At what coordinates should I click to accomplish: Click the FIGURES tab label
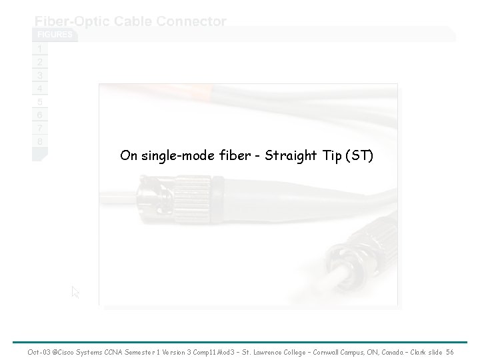[x=55, y=35]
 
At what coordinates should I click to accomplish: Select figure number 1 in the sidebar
[x=40, y=49]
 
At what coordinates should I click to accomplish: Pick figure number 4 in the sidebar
[x=40, y=88]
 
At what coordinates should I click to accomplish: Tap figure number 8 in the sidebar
[x=40, y=141]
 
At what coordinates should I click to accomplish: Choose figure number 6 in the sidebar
[x=40, y=115]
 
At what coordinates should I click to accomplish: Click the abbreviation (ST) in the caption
[x=359, y=156]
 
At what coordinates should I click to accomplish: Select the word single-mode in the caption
[x=171, y=156]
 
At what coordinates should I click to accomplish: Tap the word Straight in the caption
[x=289, y=156]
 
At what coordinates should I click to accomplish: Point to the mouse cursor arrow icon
[x=75, y=292]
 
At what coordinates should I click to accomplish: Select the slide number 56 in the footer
[x=449, y=351]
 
